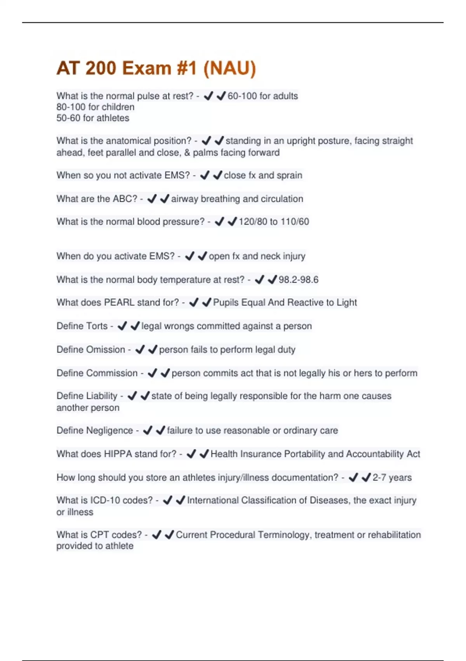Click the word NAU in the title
click(x=230, y=68)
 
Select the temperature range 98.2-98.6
click(x=298, y=280)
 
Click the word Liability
click(x=101, y=396)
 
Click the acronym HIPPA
click(x=118, y=454)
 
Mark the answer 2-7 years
click(x=392, y=477)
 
